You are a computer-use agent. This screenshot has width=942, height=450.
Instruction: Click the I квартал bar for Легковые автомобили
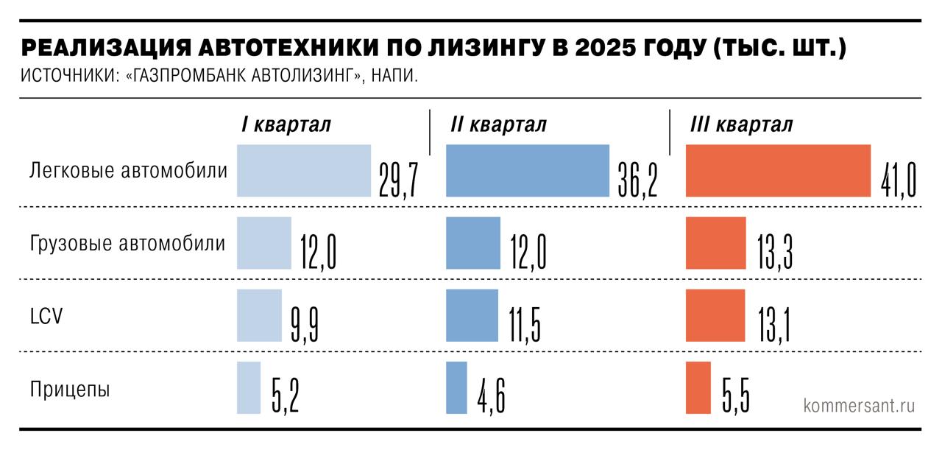pos(303,171)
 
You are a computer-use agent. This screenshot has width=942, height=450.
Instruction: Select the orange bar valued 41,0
pos(778,171)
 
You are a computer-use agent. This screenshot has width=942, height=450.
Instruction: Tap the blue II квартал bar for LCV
pos(472,315)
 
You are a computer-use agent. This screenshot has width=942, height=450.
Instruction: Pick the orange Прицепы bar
pos(698,387)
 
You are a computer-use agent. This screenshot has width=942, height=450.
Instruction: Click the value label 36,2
pos(637,181)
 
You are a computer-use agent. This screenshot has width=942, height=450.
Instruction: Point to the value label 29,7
pos(398,181)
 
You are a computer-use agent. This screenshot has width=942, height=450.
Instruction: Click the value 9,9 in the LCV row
pos(304,326)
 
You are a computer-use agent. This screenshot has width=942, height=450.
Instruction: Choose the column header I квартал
pos(286,124)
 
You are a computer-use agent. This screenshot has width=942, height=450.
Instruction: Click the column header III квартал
pos(741,124)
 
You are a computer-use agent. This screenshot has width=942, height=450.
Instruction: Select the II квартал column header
pos(498,124)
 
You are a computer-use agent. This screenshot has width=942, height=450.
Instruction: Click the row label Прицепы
pos(70,390)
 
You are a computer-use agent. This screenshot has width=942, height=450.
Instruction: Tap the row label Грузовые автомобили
pos(127,244)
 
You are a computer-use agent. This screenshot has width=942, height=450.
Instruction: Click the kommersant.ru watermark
pos(860,405)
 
